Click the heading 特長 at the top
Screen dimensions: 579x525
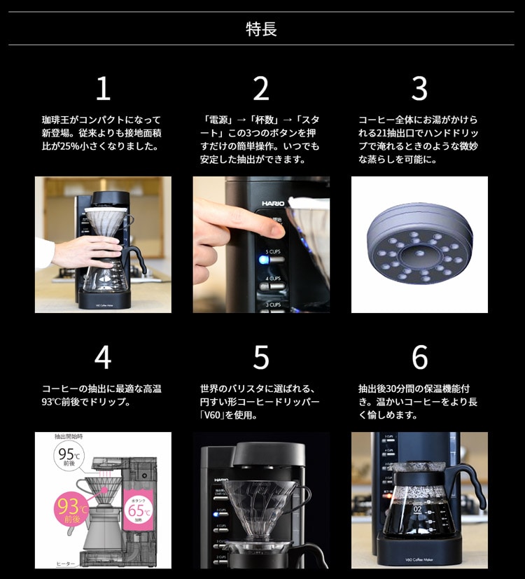(261, 29)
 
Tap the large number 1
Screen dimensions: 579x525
(103, 89)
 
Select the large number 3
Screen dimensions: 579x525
(419, 89)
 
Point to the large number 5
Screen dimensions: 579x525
(261, 357)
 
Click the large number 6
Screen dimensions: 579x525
(419, 357)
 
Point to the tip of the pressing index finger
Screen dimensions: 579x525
(277, 226)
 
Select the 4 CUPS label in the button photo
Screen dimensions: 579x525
(274, 278)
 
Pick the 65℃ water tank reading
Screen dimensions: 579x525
(136, 509)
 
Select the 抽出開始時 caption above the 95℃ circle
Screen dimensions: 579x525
(69, 436)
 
